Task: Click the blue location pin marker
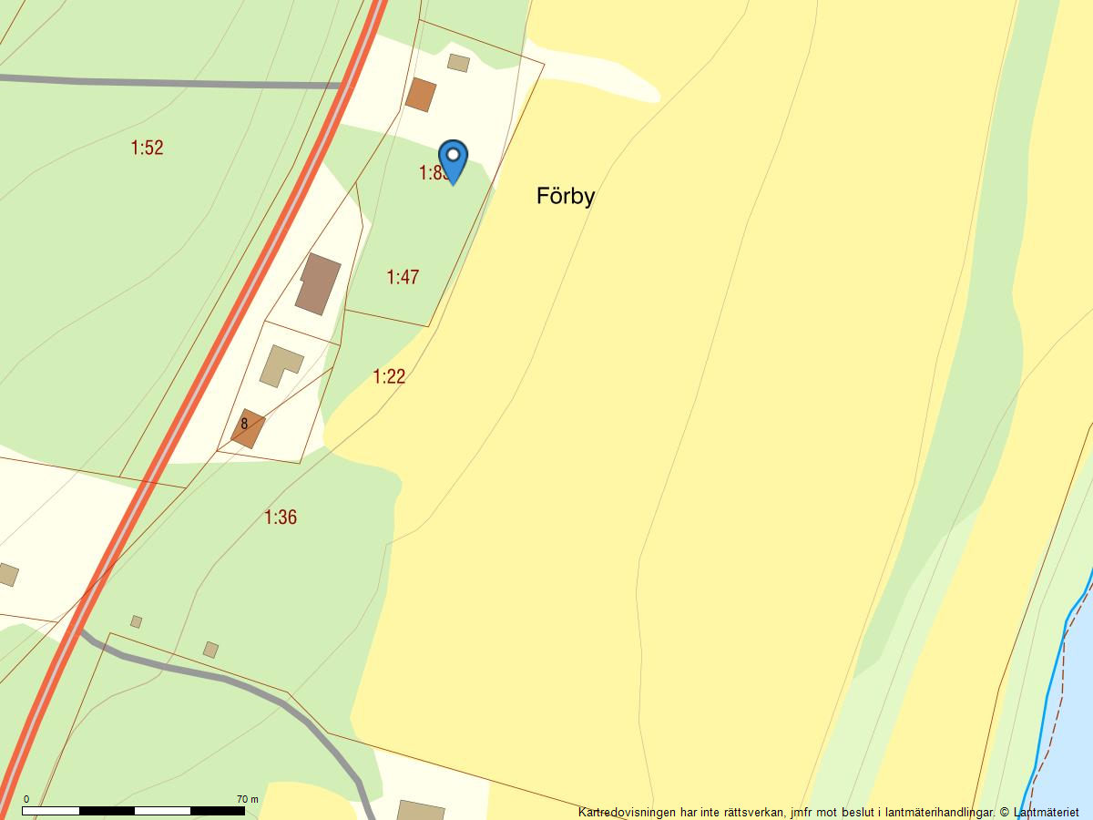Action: tap(453, 159)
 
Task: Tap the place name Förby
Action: tap(565, 196)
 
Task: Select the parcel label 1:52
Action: tap(147, 148)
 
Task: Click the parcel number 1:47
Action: tap(403, 277)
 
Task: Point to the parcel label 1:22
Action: tap(389, 376)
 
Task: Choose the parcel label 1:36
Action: tap(281, 518)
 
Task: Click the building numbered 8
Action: tap(247, 428)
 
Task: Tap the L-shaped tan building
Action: tap(279, 364)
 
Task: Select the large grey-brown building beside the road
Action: tap(318, 284)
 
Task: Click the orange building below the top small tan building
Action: tap(420, 95)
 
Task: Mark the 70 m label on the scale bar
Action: tap(247, 799)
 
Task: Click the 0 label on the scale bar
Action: tap(26, 799)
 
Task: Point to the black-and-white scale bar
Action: tap(133, 810)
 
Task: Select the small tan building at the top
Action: tap(458, 63)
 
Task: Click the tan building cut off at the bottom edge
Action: tap(421, 810)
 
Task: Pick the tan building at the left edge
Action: tap(6, 574)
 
